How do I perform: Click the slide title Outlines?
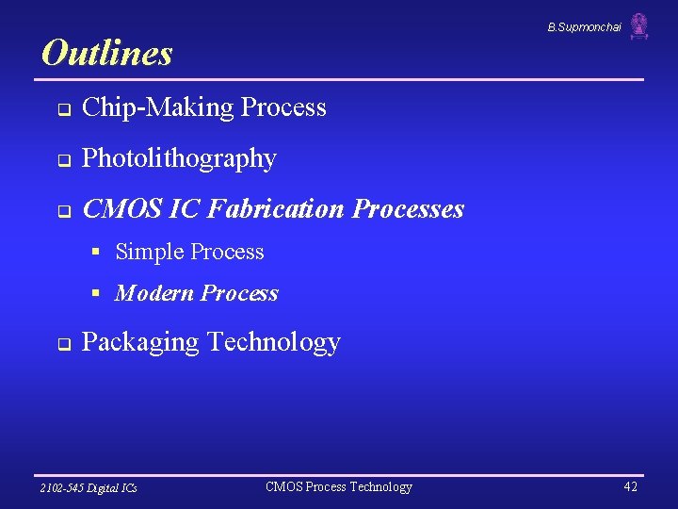pyautogui.click(x=107, y=53)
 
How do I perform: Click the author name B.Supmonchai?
pyautogui.click(x=584, y=27)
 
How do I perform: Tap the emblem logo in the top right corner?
pyautogui.click(x=639, y=26)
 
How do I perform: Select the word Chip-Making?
pyautogui.click(x=157, y=107)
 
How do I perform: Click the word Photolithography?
pyautogui.click(x=179, y=158)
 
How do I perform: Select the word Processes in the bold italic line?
pyautogui.click(x=409, y=208)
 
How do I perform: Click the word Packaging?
pyautogui.click(x=139, y=342)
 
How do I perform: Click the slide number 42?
pyautogui.click(x=630, y=486)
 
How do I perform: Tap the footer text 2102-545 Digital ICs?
pyautogui.click(x=89, y=487)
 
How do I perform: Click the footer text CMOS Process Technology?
pyautogui.click(x=339, y=486)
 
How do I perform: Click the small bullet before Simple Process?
pyautogui.click(x=96, y=252)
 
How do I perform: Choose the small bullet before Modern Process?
pyautogui.click(x=96, y=293)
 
